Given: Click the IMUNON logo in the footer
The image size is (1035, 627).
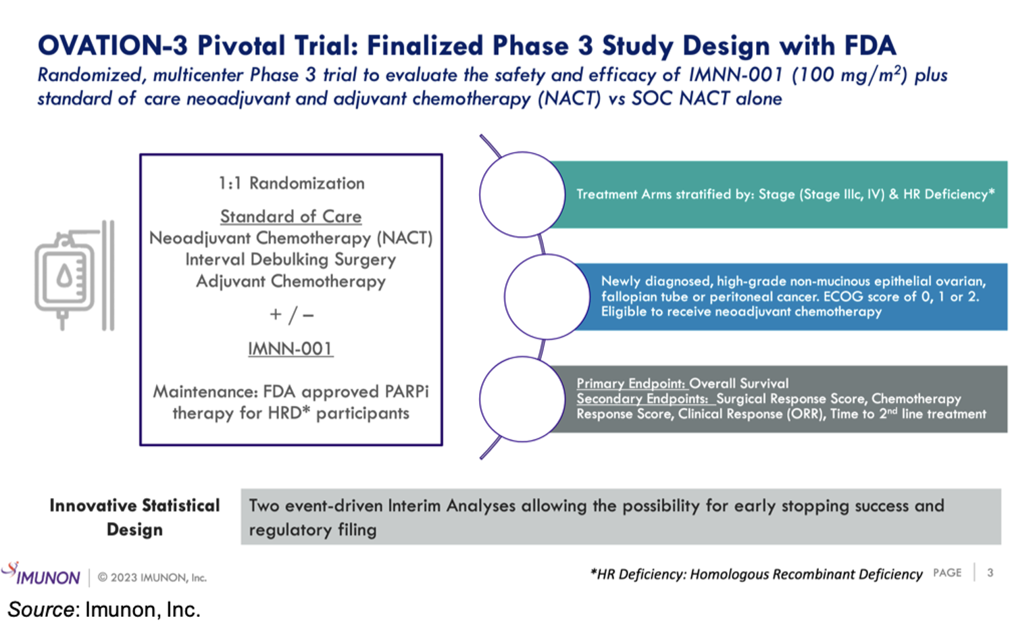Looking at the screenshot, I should tap(42, 575).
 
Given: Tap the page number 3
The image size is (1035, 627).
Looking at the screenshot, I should tap(990, 573).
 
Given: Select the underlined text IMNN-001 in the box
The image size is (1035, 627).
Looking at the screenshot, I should tap(291, 349).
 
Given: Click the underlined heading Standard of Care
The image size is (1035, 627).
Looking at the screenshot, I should tap(291, 216).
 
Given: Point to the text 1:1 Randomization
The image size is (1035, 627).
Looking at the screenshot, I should tap(291, 183).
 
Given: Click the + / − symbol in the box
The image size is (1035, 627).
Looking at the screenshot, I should tap(291, 315).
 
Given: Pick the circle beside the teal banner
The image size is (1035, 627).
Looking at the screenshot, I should tap(522, 195).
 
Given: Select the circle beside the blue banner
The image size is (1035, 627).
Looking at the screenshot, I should tap(547, 297).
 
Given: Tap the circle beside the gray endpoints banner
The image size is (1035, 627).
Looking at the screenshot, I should tap(522, 399).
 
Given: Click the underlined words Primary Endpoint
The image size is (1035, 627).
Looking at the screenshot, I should tap(631, 383).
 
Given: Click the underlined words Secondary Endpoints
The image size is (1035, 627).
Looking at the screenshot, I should tap(642, 399).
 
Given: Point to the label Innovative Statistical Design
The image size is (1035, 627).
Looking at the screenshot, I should tap(134, 517).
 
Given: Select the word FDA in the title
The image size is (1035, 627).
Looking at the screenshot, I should tap(869, 46).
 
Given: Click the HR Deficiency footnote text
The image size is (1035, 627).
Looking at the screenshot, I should tap(756, 574).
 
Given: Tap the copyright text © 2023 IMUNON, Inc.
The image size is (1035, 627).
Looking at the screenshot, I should tap(152, 578).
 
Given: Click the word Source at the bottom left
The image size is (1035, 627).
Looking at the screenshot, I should tap(41, 609).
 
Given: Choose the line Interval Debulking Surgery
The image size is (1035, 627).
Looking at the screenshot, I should tap(291, 259).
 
